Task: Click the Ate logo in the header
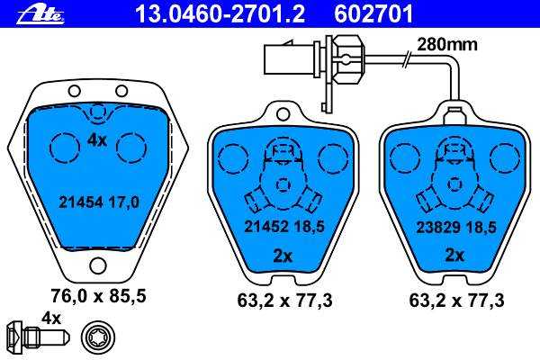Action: (40, 14)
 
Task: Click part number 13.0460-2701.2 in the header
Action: (220, 14)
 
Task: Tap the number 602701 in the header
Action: (373, 14)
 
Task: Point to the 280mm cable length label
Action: (447, 45)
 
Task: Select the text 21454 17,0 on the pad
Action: (99, 202)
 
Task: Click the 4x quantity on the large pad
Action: (97, 140)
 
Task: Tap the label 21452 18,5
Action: (284, 226)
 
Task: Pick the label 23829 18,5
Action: (456, 227)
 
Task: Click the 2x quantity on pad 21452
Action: (283, 256)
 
